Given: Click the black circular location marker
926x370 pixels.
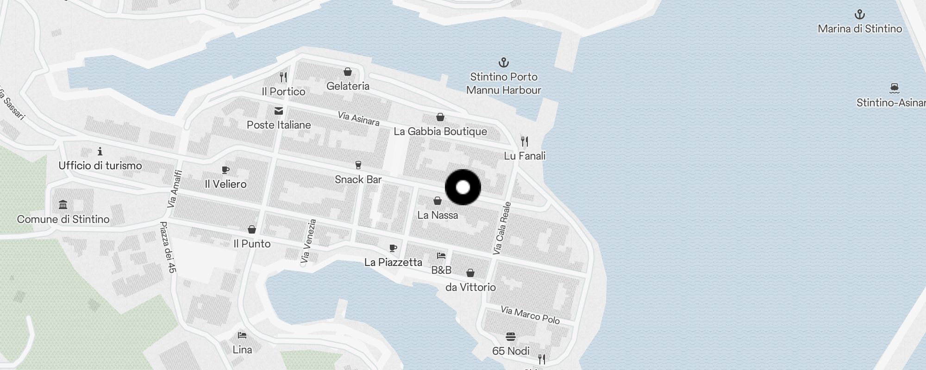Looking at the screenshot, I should click(x=463, y=187).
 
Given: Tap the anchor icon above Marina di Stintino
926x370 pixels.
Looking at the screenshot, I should click(x=859, y=14).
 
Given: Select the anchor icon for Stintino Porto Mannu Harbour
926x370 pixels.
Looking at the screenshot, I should click(x=503, y=62).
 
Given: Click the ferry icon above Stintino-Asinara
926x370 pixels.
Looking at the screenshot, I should click(x=894, y=88).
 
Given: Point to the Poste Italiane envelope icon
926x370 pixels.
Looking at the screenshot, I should click(x=279, y=111).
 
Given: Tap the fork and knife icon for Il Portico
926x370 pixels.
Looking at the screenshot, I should click(x=283, y=77).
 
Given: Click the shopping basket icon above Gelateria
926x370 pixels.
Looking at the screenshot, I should click(x=348, y=72).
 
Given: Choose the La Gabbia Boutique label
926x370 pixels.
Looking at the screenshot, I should click(x=440, y=131).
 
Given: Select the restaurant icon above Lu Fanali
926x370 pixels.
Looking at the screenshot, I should click(x=524, y=141).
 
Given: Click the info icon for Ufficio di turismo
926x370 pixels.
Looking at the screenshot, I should click(x=100, y=151).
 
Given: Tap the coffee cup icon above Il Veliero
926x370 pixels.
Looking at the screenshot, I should click(x=225, y=170).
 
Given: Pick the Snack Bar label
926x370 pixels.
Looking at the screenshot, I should click(x=358, y=179).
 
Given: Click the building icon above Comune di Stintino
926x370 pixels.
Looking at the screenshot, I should click(x=63, y=204).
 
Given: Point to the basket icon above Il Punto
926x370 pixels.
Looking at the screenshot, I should click(x=252, y=229).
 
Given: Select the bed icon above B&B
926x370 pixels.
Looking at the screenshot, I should click(x=441, y=255).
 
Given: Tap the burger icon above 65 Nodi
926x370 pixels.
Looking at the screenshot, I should click(x=511, y=336).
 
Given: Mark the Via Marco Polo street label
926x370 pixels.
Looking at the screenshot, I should click(x=530, y=315).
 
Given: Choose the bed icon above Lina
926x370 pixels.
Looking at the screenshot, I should click(x=242, y=335).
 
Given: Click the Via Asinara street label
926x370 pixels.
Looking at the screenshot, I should click(x=358, y=118).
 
